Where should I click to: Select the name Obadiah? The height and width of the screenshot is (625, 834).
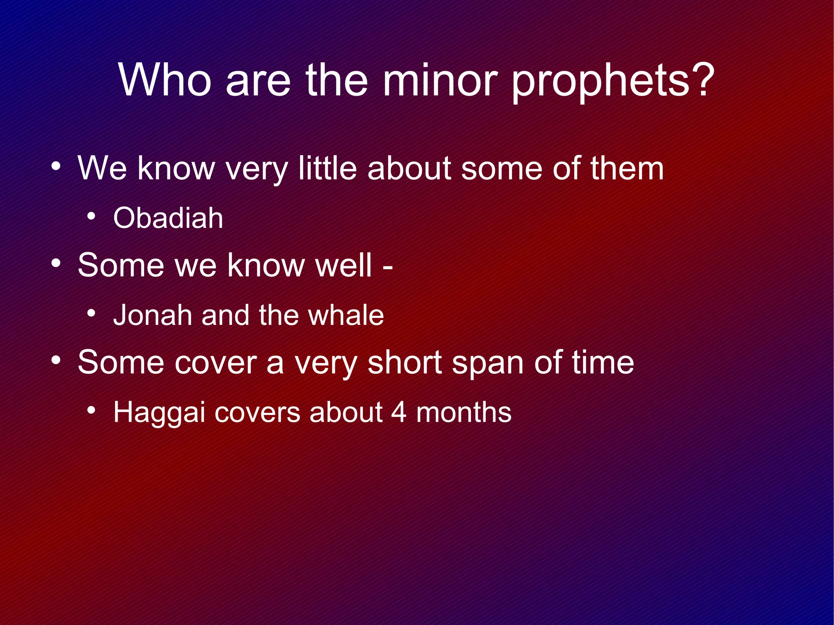[x=168, y=218]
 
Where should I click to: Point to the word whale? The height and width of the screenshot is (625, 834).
[x=346, y=315]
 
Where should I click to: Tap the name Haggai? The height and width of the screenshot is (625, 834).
[x=158, y=413]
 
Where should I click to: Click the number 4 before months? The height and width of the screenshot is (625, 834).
[x=399, y=412]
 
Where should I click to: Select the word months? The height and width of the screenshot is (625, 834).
[x=464, y=412]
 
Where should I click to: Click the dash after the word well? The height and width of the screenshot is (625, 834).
[x=388, y=268]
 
